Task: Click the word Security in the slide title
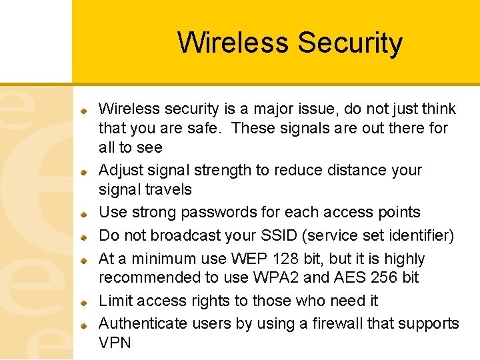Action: coord(350,43)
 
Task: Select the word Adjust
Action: coord(121,170)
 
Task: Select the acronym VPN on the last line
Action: coord(115,343)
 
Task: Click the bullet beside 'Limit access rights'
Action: coord(85,302)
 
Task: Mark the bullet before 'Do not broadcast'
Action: coord(85,237)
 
